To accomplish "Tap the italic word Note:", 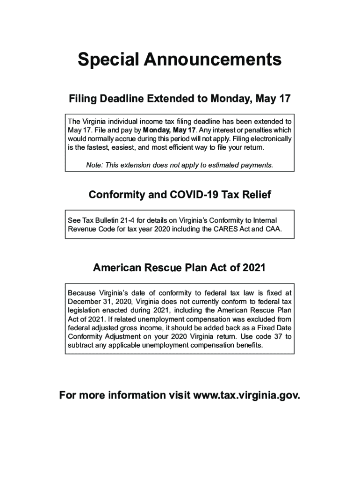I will click(x=95, y=165).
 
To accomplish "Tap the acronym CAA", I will click(x=274, y=229).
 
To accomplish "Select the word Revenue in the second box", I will click(x=82, y=229).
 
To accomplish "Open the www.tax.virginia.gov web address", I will click(x=246, y=395).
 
